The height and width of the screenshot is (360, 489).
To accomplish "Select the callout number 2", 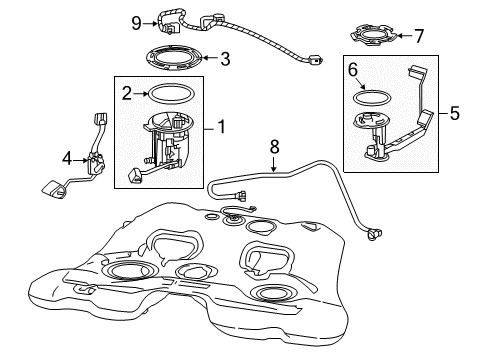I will coord(128,93).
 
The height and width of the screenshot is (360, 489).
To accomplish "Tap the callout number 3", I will coord(225,59).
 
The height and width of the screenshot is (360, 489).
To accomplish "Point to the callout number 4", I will coord(66,158).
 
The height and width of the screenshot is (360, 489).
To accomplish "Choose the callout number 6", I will coord(352,72).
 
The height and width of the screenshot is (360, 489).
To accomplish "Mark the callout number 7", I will coord(419,36).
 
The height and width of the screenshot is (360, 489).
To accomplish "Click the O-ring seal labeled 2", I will coord(171,94).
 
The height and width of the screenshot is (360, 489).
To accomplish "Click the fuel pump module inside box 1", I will coord(165,145).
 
